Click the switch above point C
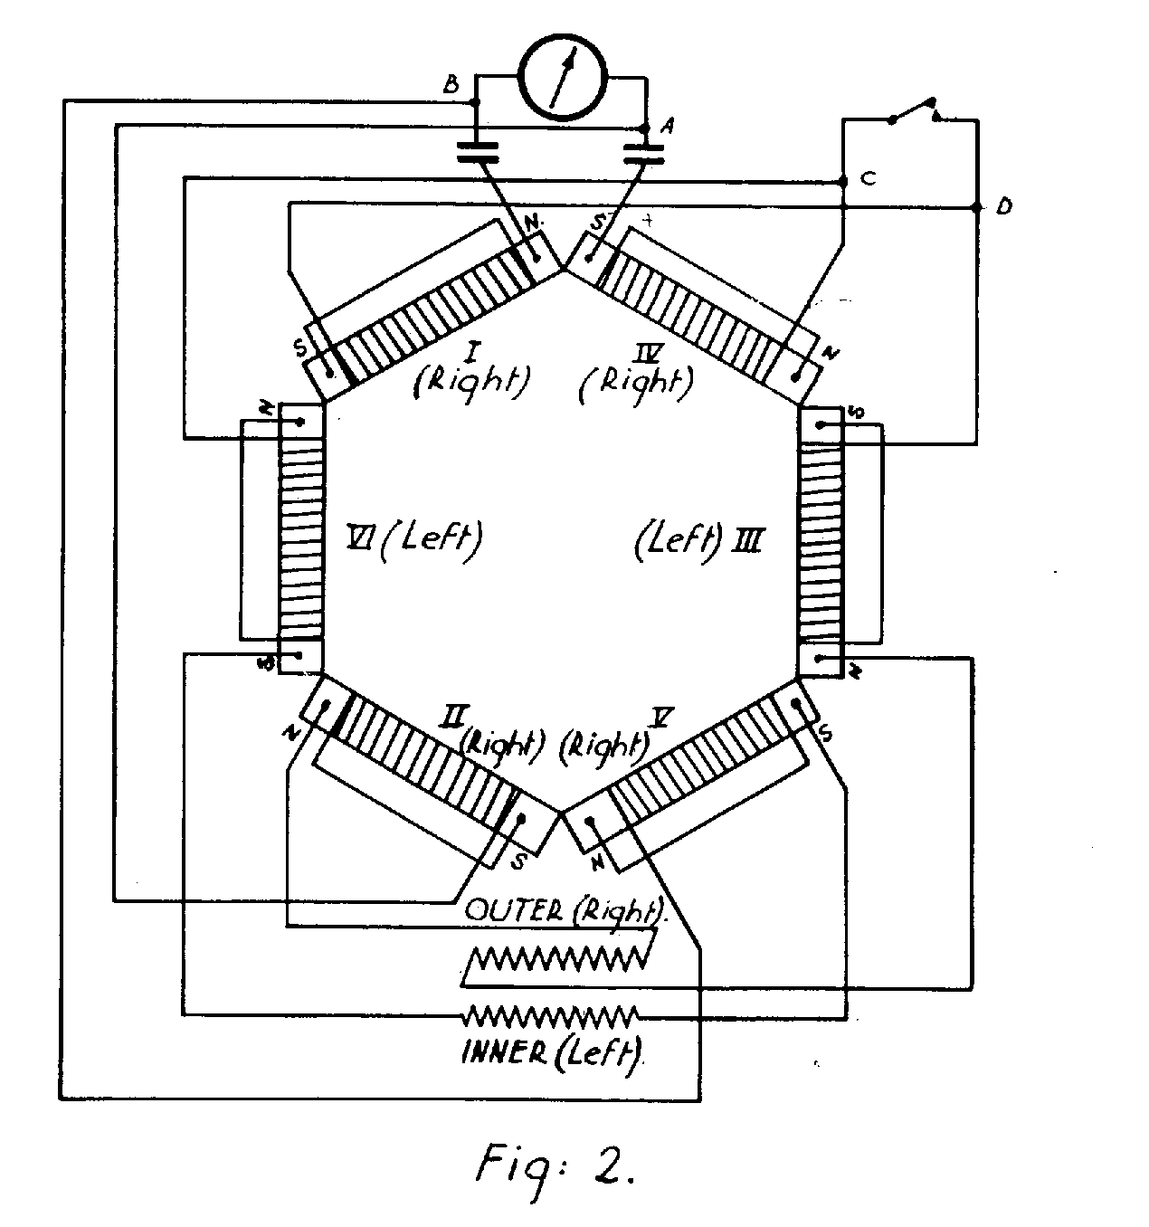(x=914, y=109)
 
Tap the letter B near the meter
(x=450, y=86)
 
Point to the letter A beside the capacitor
(x=667, y=128)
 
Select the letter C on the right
(x=867, y=178)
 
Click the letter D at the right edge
(x=1002, y=207)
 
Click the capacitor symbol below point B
(x=478, y=151)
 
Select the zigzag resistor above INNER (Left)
(x=550, y=1015)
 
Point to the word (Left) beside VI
(x=431, y=540)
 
